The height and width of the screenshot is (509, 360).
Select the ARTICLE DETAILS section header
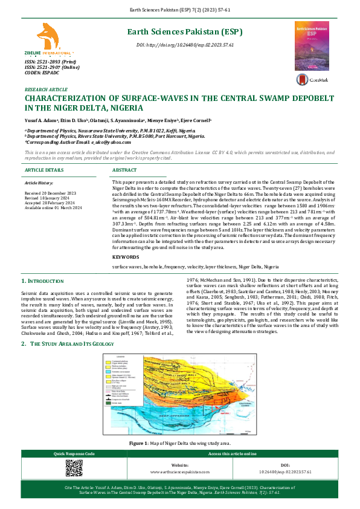click(45, 171)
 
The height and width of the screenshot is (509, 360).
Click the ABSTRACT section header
click(126, 171)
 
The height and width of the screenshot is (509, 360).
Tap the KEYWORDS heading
click(126, 257)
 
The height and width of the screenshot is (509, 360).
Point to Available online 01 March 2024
click(52, 207)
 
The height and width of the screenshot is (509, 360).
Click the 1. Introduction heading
click(45, 282)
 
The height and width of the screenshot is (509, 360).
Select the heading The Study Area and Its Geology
click(71, 344)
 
